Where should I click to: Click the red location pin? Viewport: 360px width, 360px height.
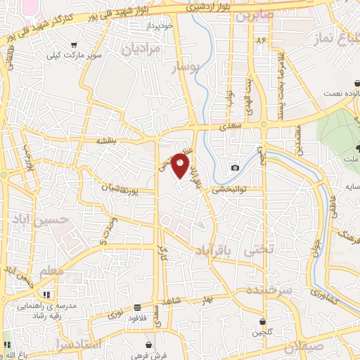point(181,166)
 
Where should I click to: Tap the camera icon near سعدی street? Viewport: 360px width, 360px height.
point(235,167)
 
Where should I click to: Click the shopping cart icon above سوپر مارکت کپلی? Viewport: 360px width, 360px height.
point(74,45)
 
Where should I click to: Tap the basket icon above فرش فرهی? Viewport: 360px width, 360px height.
point(150,344)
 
